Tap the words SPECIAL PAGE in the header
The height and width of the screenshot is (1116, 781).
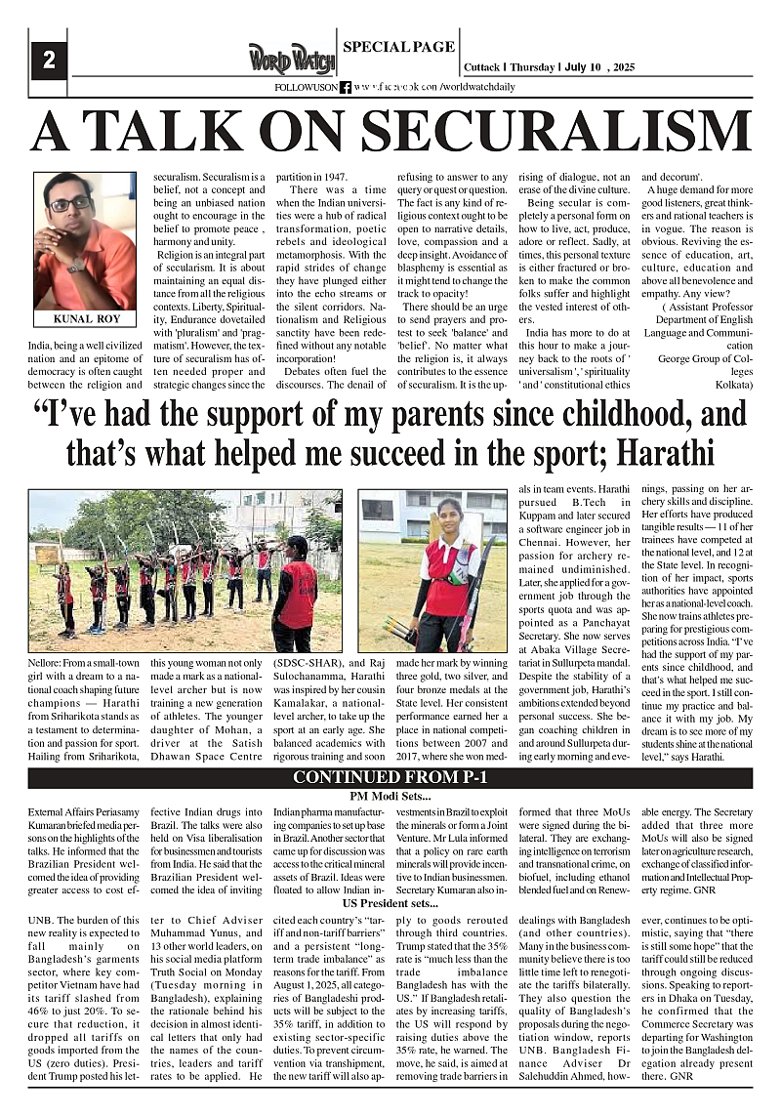click(398, 46)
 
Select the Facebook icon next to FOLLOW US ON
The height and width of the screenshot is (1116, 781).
click(345, 87)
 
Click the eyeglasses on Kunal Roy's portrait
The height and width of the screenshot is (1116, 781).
click(70, 204)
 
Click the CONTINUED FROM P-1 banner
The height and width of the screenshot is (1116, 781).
click(390, 778)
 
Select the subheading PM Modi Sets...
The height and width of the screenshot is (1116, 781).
click(390, 797)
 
